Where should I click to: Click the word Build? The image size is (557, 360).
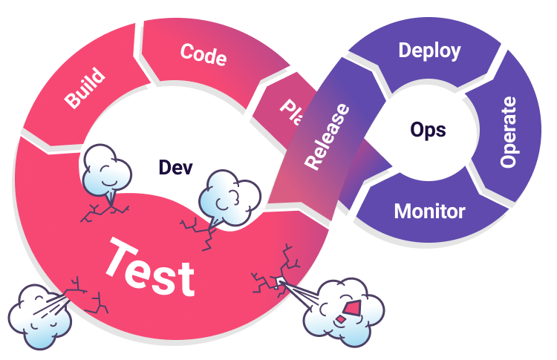coord(84,90)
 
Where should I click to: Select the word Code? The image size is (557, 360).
coord(203,53)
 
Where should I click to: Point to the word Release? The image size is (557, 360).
coord(327,136)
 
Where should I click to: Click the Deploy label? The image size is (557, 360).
coord(429,50)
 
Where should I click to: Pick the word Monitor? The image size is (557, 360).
coord(429,211)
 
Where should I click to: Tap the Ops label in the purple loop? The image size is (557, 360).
coord(428,130)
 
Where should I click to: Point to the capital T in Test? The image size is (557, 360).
coord(120,256)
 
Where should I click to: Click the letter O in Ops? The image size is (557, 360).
coord(417,129)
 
